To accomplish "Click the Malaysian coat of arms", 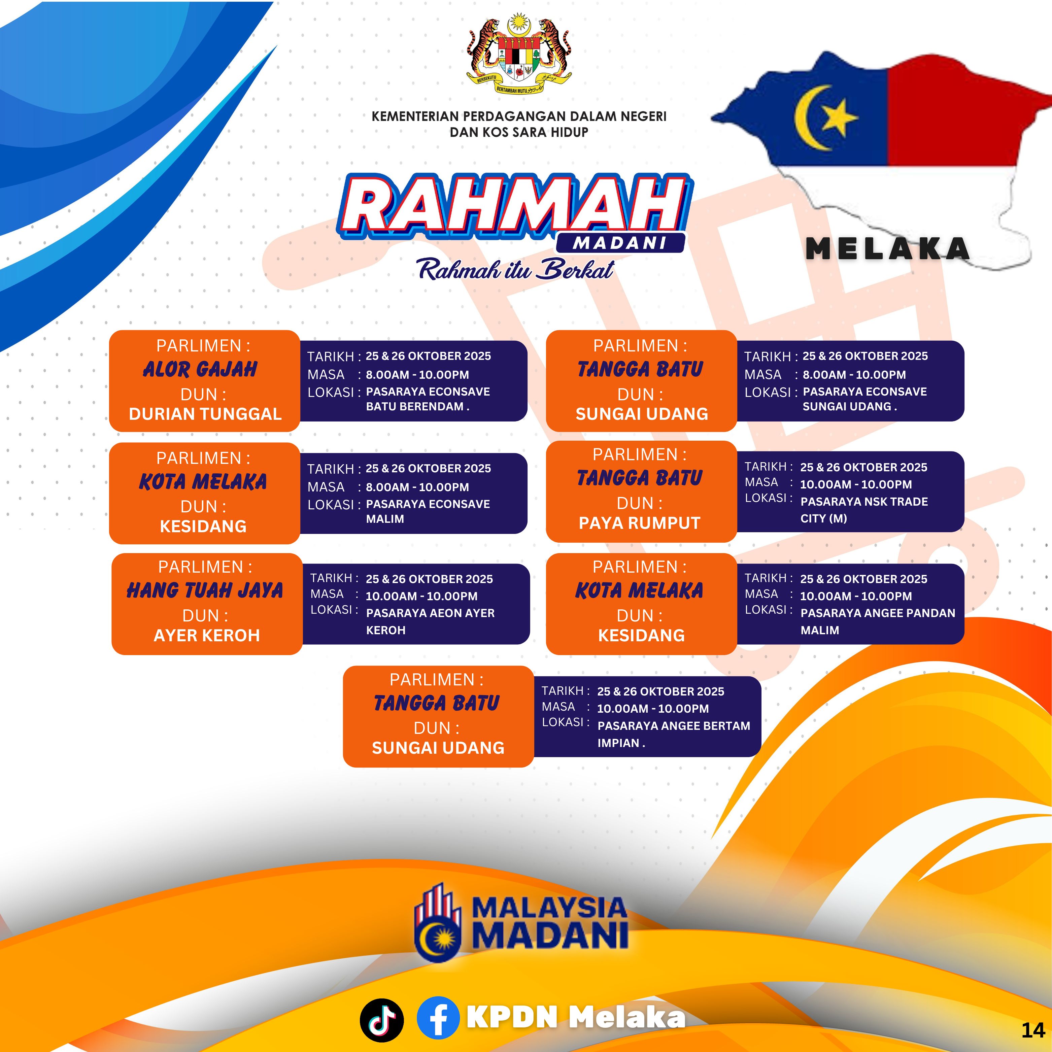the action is click(519, 56).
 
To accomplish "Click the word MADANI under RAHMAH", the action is click(620, 243).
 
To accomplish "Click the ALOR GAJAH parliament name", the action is click(200, 369).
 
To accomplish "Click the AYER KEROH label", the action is click(207, 636).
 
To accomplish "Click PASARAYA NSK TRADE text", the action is click(864, 502).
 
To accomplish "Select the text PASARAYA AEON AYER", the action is click(430, 613).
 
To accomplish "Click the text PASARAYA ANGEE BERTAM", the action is click(674, 726).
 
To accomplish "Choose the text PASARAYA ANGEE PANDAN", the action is click(878, 613).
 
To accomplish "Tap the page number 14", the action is click(1033, 1030).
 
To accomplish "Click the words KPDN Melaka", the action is click(576, 1017).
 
